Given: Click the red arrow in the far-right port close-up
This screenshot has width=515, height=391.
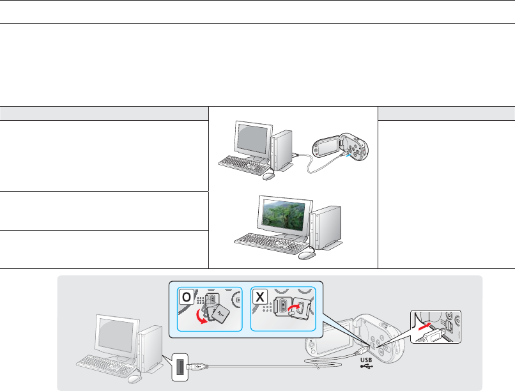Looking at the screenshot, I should coord(425,325).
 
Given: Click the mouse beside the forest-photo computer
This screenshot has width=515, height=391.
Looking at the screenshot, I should coord(306,254).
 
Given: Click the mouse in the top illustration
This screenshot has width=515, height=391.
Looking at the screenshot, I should coord(268,176).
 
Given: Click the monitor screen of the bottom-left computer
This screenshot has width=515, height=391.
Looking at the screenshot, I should coord(114,333).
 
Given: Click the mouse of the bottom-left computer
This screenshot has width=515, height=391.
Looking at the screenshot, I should coord(134,379).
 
